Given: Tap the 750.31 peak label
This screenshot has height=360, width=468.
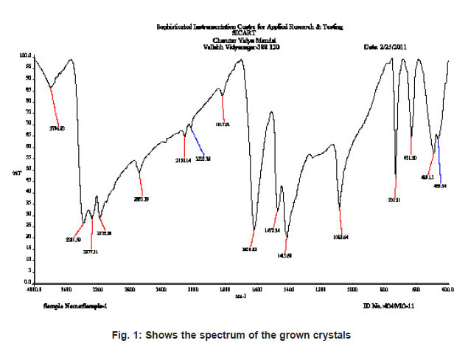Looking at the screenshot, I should tap(394, 199).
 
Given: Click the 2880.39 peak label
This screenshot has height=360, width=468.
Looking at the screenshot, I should tap(141, 198).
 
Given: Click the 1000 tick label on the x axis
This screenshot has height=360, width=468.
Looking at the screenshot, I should tap(352, 289).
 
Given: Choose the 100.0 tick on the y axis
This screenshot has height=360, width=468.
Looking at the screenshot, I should tap(25, 55).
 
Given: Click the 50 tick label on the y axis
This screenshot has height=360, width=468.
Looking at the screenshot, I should tap(27, 169).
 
